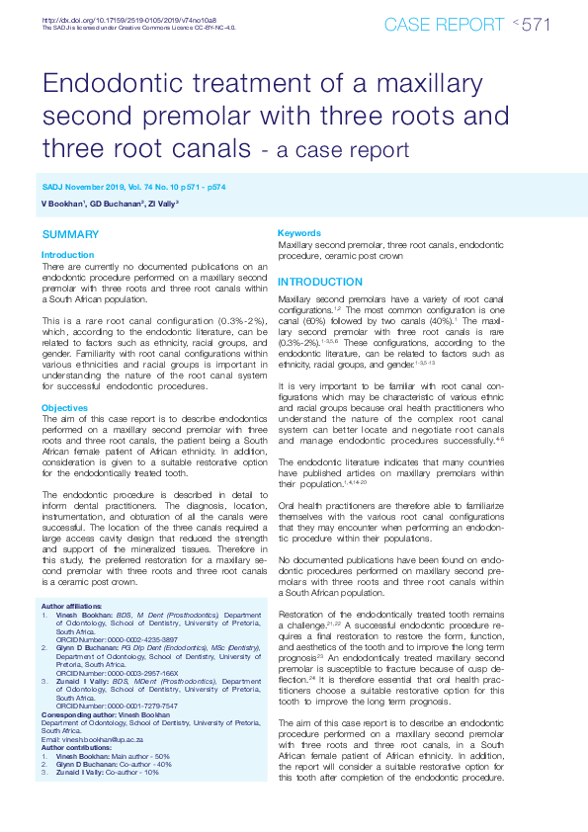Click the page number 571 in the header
coord(535,25)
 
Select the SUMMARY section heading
coord(70,234)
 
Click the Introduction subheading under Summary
coord(68,255)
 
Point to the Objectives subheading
coord(65,408)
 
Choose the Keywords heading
coord(299,233)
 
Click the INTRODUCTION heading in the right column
coord(320,282)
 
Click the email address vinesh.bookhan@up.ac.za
coord(111,739)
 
